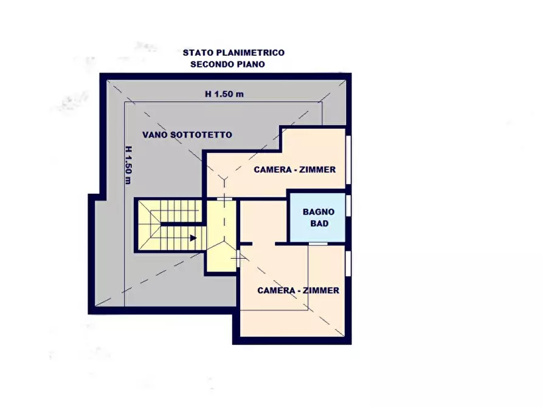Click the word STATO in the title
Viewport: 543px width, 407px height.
point(197,53)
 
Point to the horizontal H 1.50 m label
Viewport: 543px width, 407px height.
point(224,94)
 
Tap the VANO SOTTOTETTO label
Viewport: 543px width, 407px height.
point(187,134)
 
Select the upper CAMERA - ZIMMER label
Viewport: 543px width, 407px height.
point(294,169)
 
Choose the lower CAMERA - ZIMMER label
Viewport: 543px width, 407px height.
point(298,290)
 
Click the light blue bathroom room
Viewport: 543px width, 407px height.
point(317,217)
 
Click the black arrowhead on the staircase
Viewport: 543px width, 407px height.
point(193,238)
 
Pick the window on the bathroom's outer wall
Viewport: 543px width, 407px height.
point(349,205)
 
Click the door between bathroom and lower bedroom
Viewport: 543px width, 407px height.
point(318,243)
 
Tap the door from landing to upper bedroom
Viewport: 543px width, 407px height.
point(224,199)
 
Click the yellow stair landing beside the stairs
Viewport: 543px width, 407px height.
point(220,237)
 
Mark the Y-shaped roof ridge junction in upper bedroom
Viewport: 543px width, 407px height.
point(225,179)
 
